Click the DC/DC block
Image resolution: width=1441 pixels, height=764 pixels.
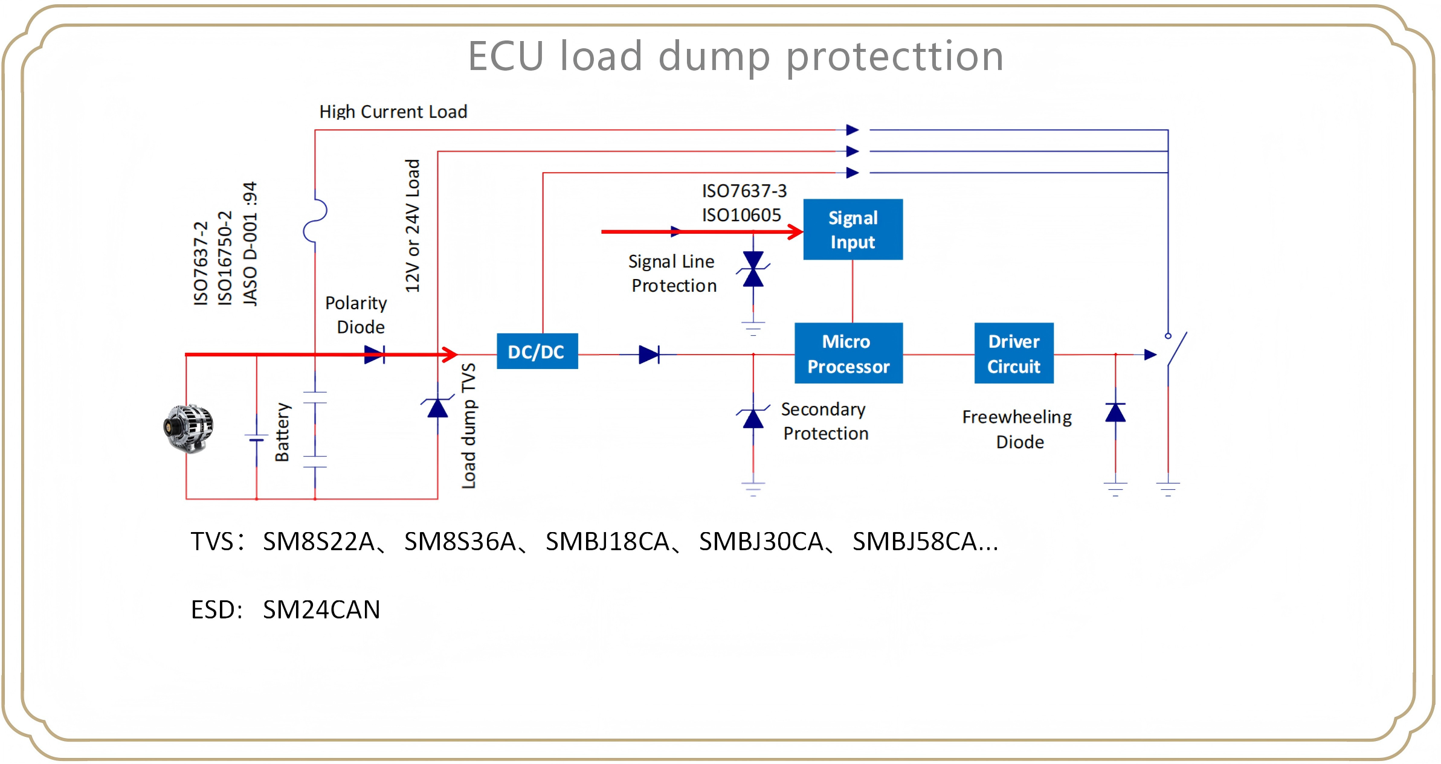click(x=537, y=352)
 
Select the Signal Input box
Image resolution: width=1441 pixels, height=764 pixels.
click(x=853, y=230)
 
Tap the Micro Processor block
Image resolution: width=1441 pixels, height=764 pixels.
click(x=848, y=353)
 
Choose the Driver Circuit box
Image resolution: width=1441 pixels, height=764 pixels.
click(x=1013, y=353)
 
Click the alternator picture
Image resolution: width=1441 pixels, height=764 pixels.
click(x=189, y=428)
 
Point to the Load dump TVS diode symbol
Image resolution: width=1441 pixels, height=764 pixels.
click(x=437, y=408)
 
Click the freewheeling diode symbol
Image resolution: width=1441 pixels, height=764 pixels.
click(x=1115, y=413)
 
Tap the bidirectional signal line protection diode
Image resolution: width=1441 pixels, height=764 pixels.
click(x=753, y=269)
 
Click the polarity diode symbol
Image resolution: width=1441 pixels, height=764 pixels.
click(x=374, y=355)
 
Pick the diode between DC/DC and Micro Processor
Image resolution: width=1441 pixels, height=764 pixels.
click(x=649, y=355)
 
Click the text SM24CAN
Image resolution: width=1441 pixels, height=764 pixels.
click(x=321, y=609)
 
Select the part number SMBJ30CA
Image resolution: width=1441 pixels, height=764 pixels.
click(x=761, y=542)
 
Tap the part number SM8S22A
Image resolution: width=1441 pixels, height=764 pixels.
click(x=318, y=542)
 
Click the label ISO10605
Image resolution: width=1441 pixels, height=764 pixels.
click(x=741, y=215)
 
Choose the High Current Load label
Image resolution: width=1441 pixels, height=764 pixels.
click(x=393, y=112)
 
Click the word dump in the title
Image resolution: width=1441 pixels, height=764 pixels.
click(x=714, y=56)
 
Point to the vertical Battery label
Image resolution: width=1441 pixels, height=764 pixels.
click(x=282, y=432)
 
